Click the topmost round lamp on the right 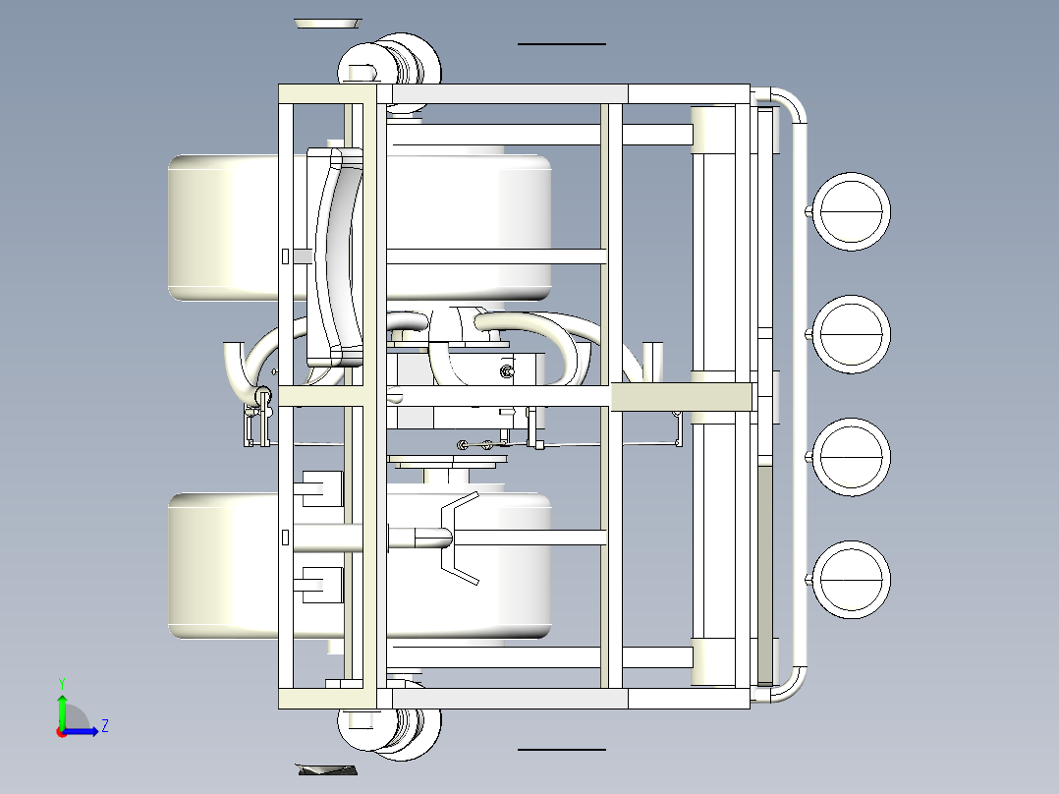pyautogui.click(x=851, y=211)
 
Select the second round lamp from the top pyautogui.click(x=851, y=334)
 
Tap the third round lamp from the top pyautogui.click(x=851, y=457)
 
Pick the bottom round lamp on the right pyautogui.click(x=851, y=580)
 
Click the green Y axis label pyautogui.click(x=62, y=683)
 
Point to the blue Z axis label pyautogui.click(x=105, y=726)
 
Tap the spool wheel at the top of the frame pyautogui.click(x=390, y=68)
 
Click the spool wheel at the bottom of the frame pyautogui.click(x=390, y=726)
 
